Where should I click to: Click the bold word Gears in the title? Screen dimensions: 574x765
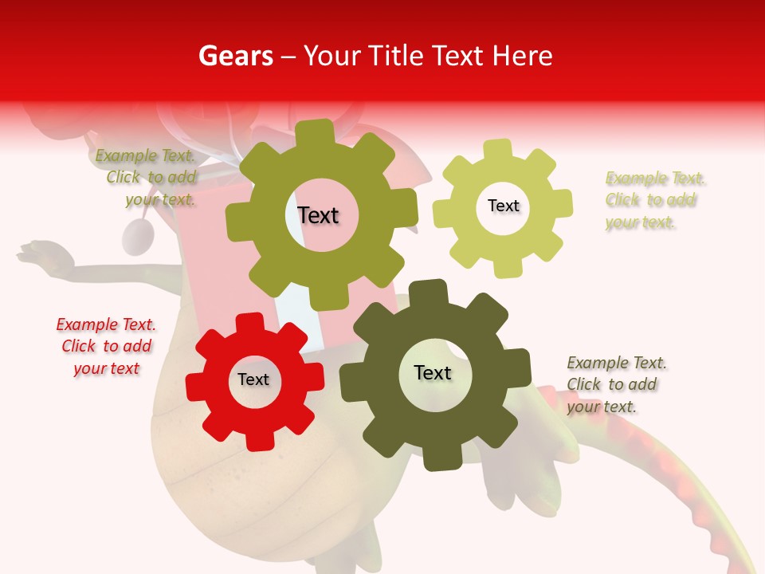point(235,56)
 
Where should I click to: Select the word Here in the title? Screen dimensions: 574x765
point(523,56)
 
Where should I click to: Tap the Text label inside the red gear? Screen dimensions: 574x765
point(253,379)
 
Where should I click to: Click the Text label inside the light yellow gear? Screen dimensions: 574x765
point(503,206)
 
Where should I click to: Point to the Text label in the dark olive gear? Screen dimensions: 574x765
point(433,372)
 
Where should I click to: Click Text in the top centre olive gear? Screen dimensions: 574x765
point(318,215)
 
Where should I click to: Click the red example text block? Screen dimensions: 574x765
point(106,346)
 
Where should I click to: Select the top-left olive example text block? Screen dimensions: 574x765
point(147,177)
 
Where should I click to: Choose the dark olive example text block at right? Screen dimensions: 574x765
point(616,384)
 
